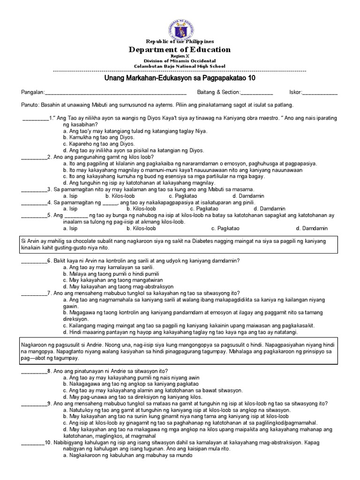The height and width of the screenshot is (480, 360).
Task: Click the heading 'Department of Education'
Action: (180, 50)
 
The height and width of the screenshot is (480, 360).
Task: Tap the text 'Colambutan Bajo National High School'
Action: (180, 66)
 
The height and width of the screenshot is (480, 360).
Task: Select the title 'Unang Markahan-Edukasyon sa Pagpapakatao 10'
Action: (180, 78)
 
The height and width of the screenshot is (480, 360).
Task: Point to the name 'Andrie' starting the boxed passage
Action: (86, 345)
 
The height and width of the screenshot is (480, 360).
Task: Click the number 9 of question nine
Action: (49, 403)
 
